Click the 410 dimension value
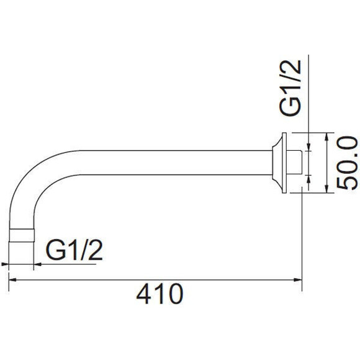pos(160,294)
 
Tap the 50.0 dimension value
pos(347,163)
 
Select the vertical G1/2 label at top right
pos(290,88)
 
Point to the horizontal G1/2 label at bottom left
pos(74,250)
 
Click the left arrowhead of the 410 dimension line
pos(12,280)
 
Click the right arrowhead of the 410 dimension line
pos(298,280)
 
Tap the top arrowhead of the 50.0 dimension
pos(326,137)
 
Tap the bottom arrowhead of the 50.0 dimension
pos(326,189)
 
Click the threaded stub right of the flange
pos(294,163)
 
